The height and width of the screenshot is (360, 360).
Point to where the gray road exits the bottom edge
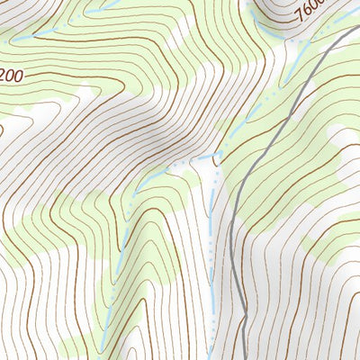(246, 358)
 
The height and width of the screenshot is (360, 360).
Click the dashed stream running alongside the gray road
(210, 252)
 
